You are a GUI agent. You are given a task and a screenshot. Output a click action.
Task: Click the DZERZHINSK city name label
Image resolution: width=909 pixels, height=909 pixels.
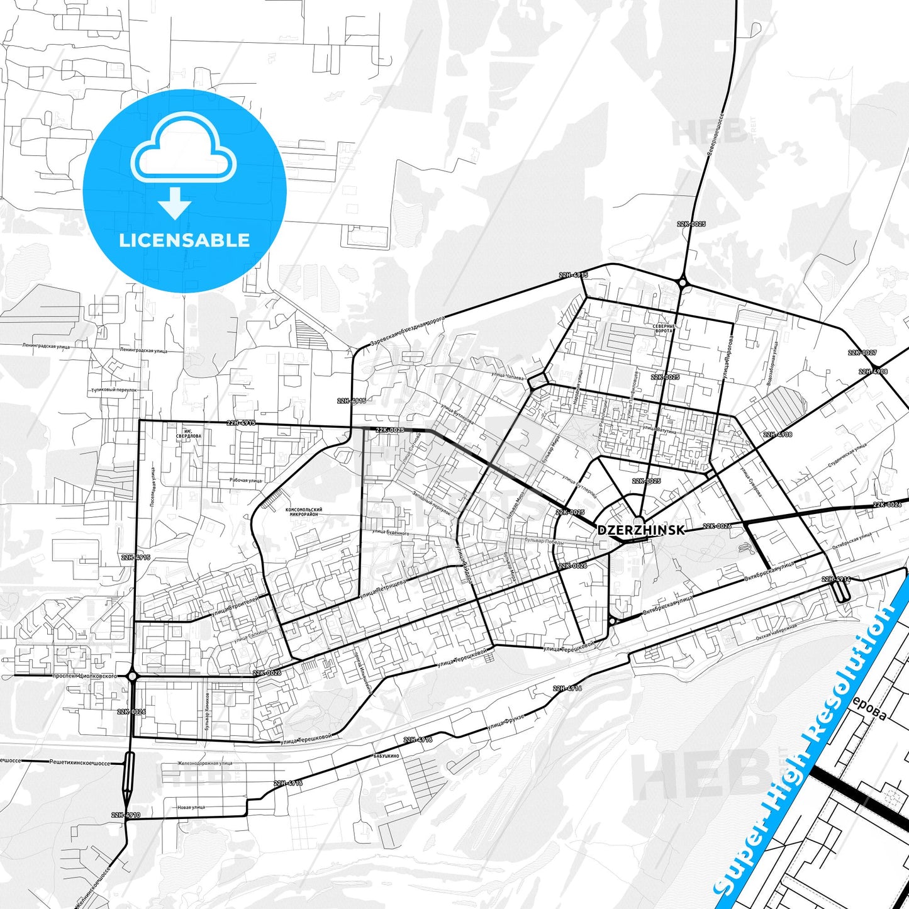(640, 530)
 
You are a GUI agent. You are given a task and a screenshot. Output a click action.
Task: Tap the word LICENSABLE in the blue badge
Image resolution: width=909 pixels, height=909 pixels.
(184, 240)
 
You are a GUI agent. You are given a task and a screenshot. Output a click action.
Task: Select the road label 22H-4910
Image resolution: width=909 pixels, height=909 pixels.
(126, 815)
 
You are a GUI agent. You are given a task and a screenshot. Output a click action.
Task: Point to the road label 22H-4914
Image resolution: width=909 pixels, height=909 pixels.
(836, 579)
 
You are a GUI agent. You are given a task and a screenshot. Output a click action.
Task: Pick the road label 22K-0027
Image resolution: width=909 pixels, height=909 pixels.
(862, 353)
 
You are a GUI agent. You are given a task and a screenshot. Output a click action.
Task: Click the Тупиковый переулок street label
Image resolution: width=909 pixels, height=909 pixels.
(114, 390)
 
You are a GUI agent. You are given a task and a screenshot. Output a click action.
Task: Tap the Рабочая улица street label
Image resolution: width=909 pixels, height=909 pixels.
(245, 480)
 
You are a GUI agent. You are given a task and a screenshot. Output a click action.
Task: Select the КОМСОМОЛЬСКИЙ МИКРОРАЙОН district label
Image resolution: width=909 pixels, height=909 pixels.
(304, 512)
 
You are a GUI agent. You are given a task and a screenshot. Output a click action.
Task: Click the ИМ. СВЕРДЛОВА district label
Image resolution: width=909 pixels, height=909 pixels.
(189, 433)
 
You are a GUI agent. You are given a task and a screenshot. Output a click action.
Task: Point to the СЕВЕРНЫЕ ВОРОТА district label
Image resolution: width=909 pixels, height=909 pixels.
(664, 328)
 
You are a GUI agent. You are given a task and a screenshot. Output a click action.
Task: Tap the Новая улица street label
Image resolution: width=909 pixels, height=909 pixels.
(191, 807)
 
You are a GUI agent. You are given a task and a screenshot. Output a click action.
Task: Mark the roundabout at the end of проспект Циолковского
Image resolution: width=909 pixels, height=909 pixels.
(132, 676)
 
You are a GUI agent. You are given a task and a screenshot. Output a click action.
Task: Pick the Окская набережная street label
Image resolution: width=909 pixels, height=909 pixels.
(776, 632)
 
